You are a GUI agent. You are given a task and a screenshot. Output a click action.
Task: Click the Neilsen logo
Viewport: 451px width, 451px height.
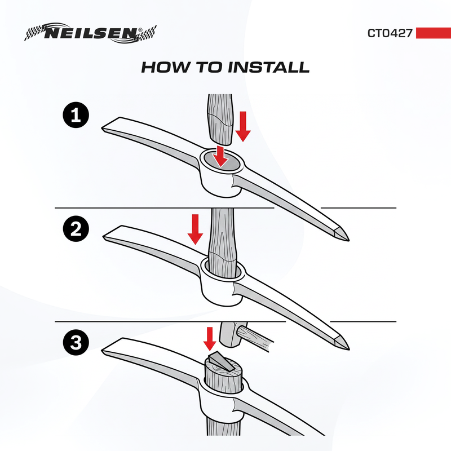coord(90,33)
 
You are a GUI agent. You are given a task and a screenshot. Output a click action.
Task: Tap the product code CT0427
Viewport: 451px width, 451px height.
coord(390,33)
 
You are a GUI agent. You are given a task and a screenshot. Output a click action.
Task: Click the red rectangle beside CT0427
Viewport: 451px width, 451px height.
coord(434,33)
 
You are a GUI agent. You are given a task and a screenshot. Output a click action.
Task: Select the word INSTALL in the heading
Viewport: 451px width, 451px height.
coord(269,67)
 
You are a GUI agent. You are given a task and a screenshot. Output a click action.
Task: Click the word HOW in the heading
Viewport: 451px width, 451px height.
coord(166,67)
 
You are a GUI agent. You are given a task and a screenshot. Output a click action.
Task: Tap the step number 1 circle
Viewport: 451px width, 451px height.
coord(76,115)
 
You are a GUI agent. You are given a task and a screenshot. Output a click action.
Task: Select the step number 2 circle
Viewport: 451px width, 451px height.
coord(76,229)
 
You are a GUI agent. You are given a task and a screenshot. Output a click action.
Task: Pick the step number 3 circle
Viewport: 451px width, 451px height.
coord(76,343)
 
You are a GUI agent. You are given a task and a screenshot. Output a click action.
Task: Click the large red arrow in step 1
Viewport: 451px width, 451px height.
coord(243,126)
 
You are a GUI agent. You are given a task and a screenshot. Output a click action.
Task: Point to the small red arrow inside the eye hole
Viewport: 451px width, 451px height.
coord(221,156)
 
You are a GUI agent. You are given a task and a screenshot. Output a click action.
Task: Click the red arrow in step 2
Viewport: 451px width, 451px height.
coord(195,229)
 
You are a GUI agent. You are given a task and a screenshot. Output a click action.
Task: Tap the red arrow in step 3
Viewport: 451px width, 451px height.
coord(210,339)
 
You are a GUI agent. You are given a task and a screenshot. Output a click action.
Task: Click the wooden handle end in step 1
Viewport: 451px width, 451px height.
coord(220,120)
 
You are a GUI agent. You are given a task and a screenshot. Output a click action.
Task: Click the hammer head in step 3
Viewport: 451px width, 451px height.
coord(230,333)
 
